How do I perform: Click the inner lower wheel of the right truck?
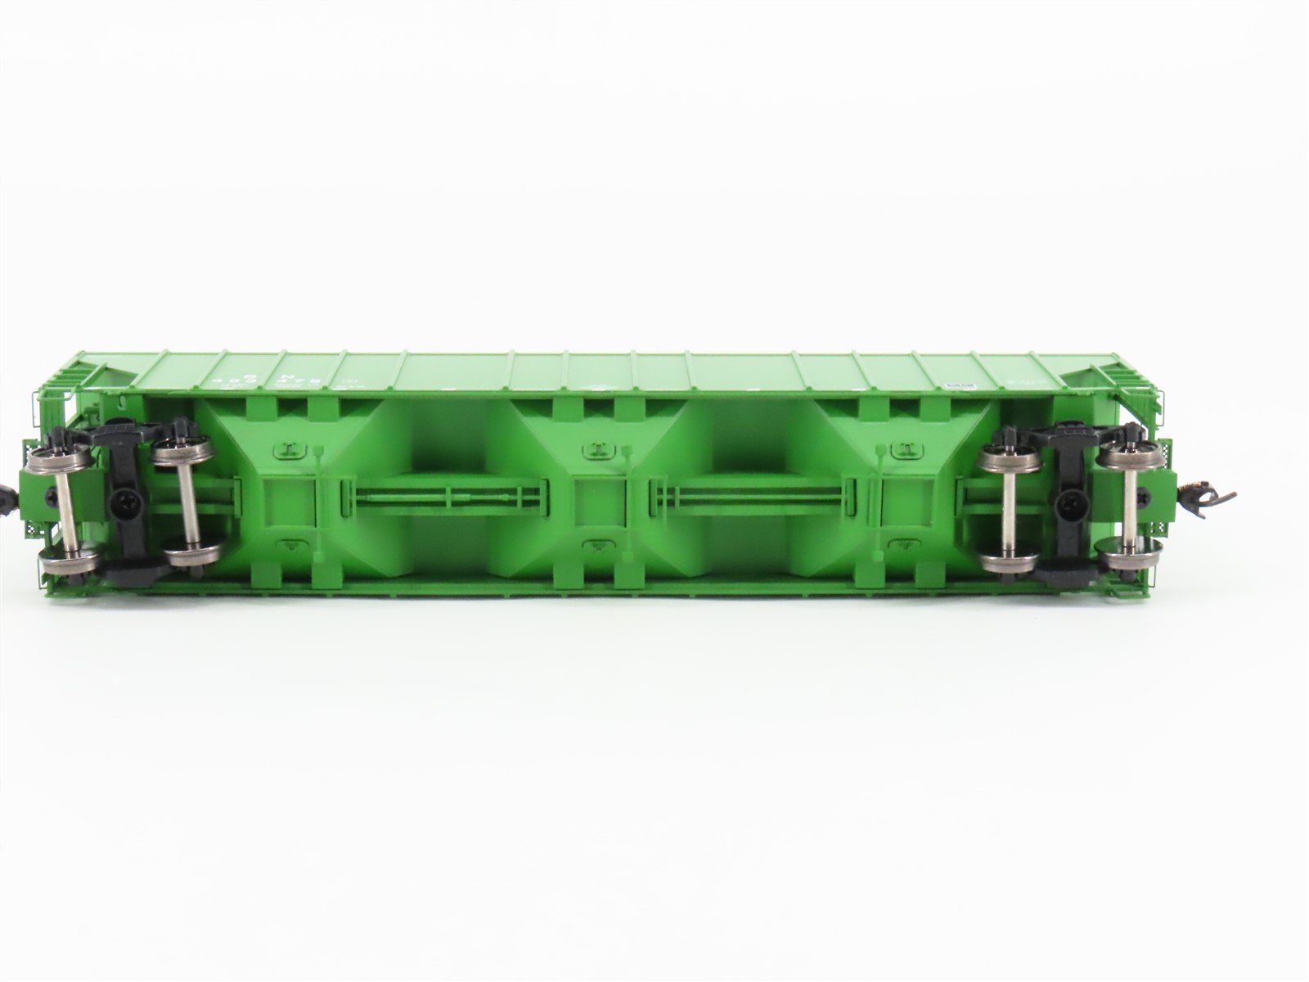[x=1006, y=562]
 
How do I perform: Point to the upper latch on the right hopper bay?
[x=902, y=447]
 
